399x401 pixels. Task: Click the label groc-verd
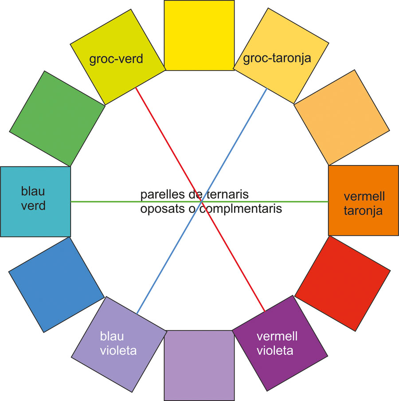click(116, 59)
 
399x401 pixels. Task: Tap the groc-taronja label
click(278, 58)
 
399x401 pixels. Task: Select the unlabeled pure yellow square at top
click(199, 35)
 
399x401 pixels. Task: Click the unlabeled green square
click(57, 118)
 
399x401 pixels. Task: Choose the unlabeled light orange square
click(342, 117)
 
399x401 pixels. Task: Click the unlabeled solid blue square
click(56, 284)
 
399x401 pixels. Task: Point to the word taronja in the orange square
click(364, 211)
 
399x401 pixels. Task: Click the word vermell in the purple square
click(277, 336)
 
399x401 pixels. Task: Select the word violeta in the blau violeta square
click(118, 351)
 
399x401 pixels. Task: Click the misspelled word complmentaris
click(241, 208)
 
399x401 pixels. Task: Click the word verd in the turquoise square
click(33, 206)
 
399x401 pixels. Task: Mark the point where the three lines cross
click(202, 202)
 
